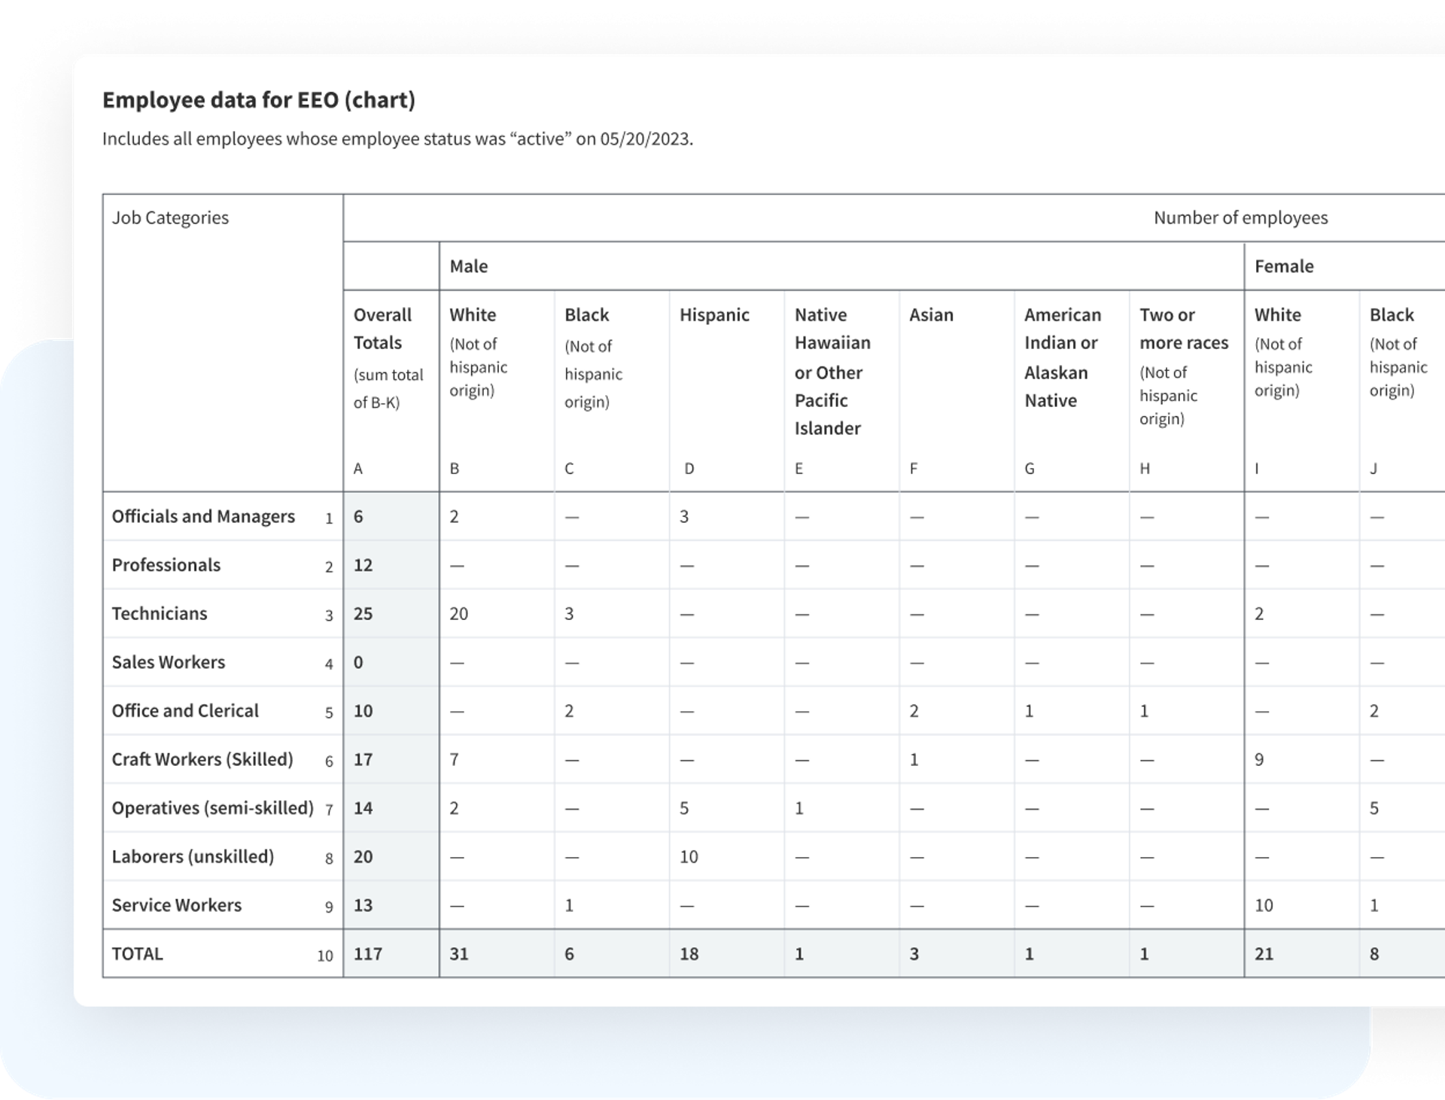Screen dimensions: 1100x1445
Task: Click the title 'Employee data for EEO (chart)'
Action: coord(258,100)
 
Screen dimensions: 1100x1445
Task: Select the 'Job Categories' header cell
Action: coord(170,218)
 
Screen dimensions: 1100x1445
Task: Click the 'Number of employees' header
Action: coord(1240,218)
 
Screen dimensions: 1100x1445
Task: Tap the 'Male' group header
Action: coord(468,266)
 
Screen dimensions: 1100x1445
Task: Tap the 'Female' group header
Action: coord(1283,266)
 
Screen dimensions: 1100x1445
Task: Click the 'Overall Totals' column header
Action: coord(382,329)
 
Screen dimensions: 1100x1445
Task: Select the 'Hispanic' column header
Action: coord(714,315)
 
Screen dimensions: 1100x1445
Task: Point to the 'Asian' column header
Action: coord(931,315)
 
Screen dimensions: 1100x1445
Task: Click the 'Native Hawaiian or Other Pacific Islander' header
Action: coord(832,372)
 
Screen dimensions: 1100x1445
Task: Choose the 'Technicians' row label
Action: coord(160,614)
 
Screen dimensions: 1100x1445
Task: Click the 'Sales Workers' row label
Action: coord(169,662)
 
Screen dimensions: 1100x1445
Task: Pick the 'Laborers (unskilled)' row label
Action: coord(193,857)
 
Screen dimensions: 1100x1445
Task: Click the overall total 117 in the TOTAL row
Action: coord(368,954)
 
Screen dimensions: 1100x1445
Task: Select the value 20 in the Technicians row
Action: coord(458,614)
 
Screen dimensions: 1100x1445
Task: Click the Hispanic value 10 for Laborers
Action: coord(689,857)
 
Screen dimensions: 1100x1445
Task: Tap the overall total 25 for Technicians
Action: coord(363,614)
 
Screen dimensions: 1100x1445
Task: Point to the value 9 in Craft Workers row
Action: coord(1258,760)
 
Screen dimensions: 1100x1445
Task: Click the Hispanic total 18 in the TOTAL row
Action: coord(689,954)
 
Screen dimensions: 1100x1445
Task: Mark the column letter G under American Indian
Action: coord(1029,469)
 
